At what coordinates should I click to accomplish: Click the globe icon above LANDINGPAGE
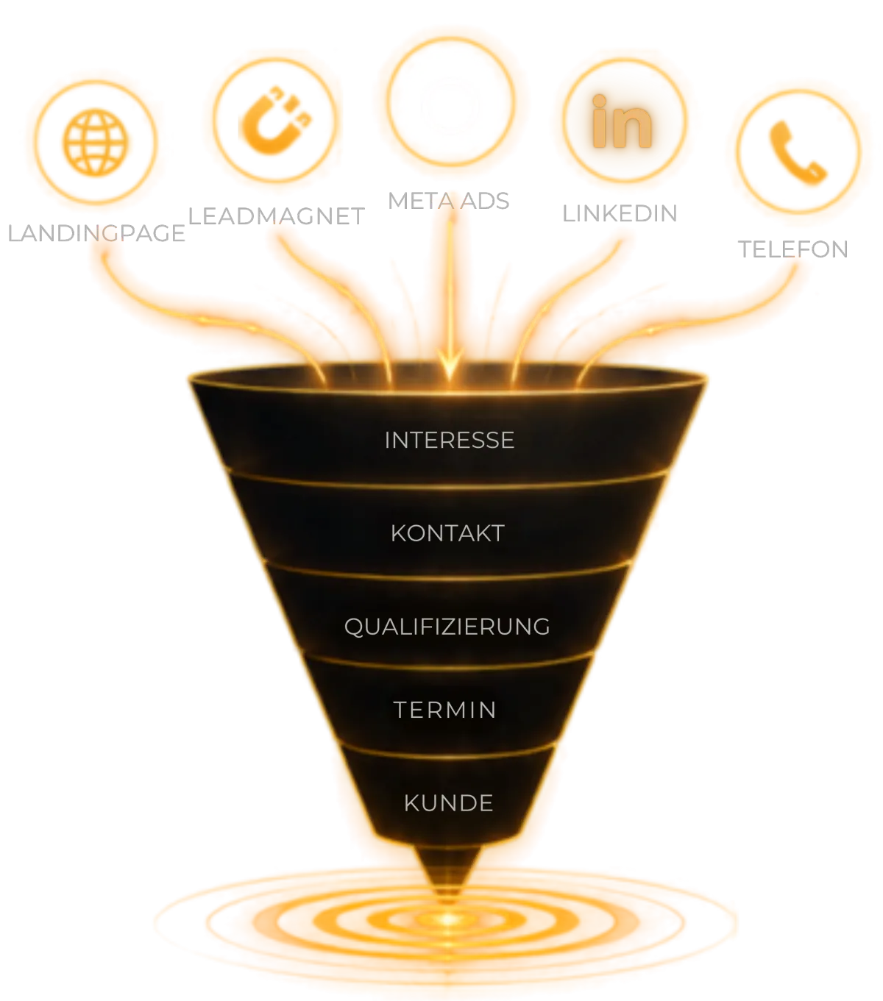96,142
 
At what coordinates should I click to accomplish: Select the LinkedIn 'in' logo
622,121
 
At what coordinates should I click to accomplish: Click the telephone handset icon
797,153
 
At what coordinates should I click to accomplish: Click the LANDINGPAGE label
96,234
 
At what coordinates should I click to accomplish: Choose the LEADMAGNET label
277,216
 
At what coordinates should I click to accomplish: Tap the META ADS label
448,201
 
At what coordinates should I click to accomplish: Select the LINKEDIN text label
620,213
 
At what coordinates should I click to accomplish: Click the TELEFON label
793,249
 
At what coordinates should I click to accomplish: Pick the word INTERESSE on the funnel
450,441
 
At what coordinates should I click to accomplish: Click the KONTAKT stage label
448,533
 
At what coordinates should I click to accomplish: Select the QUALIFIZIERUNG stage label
447,627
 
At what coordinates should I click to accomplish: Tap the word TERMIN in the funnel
445,710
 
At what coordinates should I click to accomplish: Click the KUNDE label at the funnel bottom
448,803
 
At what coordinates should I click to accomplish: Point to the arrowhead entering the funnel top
450,365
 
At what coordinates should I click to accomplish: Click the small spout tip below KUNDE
447,895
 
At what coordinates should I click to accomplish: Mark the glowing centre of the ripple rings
447,920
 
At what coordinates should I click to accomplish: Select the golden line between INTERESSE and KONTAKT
448,488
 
